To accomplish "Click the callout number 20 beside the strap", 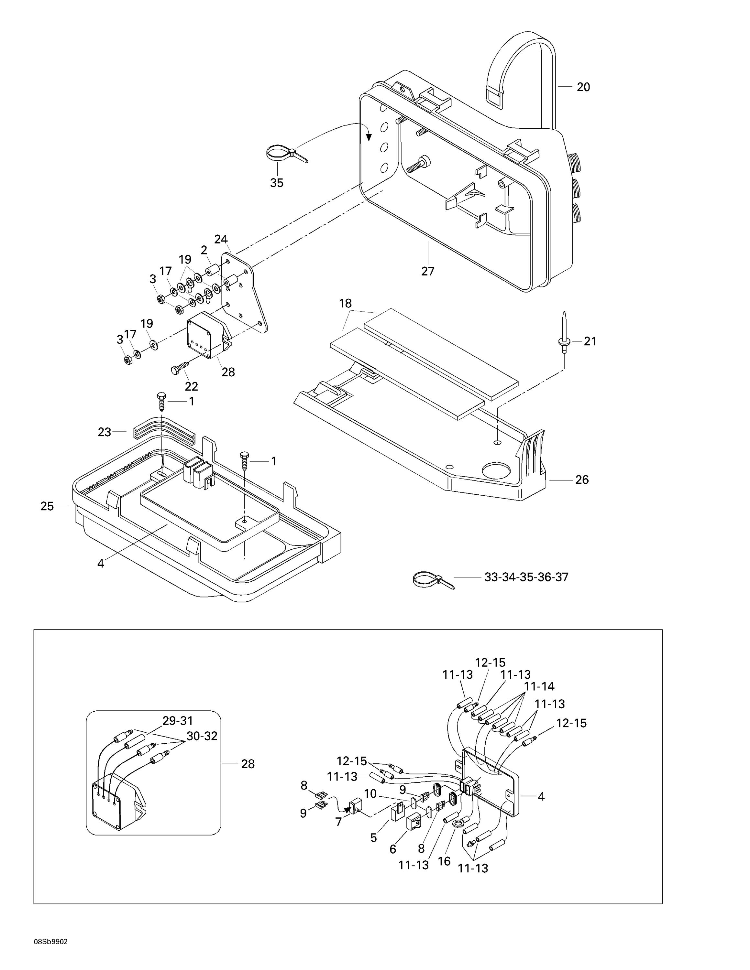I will tap(583, 87).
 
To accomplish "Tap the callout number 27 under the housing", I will tap(427, 271).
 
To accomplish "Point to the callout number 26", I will tap(582, 480).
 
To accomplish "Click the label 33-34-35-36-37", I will tap(526, 577).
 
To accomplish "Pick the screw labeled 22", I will tap(180, 368).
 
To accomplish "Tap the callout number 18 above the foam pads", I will tap(345, 303).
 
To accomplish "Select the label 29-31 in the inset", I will tap(178, 720).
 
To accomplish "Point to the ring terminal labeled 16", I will tap(458, 824).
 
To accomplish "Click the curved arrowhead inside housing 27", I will tap(368, 137).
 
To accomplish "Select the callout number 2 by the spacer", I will tap(204, 250).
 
